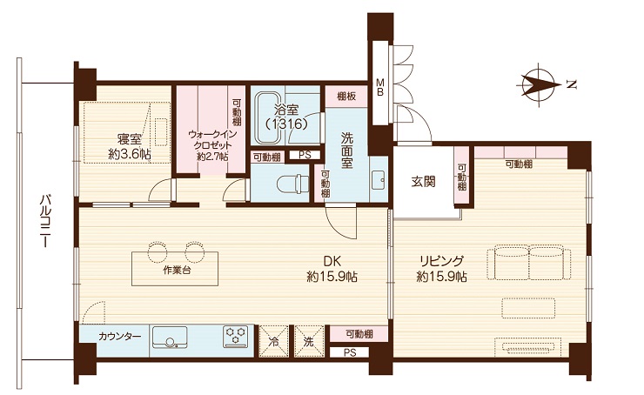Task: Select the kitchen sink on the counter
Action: pos(170,338)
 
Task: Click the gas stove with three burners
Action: pos(236,337)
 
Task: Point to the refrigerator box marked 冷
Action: pos(273,341)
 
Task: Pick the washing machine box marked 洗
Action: pos(309,341)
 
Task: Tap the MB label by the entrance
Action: pos(380,88)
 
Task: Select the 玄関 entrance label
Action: pos(424,182)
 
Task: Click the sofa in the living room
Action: pos(529,263)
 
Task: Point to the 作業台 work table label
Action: pos(177,271)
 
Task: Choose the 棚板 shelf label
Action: pos(346,97)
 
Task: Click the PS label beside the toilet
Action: pos(305,155)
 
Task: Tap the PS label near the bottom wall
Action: pos(350,352)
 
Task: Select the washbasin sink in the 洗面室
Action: pos(379,180)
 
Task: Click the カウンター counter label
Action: pos(119,337)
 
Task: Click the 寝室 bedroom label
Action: pos(129,139)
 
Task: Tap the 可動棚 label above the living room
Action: pos(519,164)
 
